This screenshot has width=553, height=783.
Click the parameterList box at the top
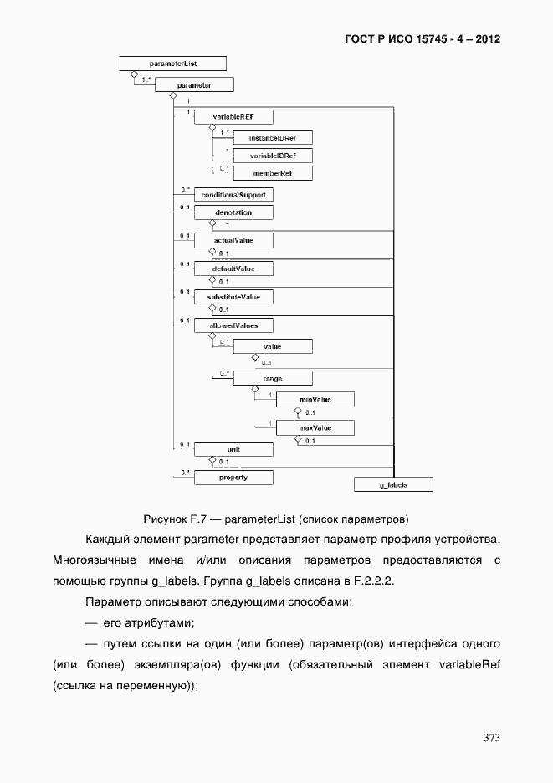point(172,63)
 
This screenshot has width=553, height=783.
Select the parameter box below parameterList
point(194,84)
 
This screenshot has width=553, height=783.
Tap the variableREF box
point(233,117)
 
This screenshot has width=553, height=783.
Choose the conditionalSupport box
point(233,194)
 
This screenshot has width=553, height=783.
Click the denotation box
point(233,212)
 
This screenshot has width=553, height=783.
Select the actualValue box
point(233,241)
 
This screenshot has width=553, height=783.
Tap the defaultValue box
point(233,269)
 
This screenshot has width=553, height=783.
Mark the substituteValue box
point(233,297)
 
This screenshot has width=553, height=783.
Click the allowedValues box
point(233,325)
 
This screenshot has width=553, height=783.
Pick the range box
point(272,379)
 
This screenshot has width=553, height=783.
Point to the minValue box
point(315,400)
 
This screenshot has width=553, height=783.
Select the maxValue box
point(315,428)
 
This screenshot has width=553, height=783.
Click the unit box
point(233,449)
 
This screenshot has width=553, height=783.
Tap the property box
point(233,478)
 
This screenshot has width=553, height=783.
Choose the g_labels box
point(393,484)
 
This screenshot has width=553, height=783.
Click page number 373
point(492,738)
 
